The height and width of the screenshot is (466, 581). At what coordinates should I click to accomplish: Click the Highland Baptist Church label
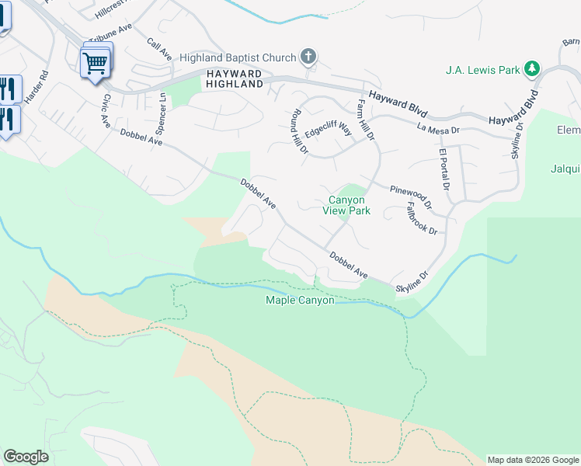238,57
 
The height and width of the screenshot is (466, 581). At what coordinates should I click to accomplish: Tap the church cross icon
309,56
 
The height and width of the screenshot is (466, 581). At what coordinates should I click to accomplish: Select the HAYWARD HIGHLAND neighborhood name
235,78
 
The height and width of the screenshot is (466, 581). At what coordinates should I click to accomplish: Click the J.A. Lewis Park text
482,70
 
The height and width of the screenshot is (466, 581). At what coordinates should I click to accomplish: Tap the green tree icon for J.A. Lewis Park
532,69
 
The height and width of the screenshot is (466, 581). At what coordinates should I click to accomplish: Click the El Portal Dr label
444,169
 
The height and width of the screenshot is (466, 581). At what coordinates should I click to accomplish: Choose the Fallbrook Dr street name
422,219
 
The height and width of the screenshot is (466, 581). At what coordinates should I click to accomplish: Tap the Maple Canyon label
300,300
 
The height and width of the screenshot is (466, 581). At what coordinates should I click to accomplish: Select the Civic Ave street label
103,110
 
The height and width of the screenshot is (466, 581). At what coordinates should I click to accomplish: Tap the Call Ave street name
159,48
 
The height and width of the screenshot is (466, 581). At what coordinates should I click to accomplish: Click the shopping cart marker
96,63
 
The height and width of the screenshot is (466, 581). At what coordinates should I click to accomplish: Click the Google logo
26,457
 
